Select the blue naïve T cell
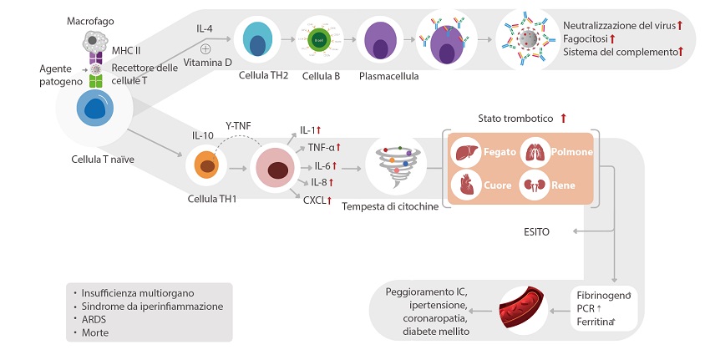point(93,110)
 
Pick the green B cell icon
point(318,39)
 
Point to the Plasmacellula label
point(388,76)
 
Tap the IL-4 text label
point(205,29)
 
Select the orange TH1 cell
point(206,165)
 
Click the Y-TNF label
point(239,126)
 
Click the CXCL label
point(317,200)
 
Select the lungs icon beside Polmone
point(535,153)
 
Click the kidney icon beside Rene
point(535,183)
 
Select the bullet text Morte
point(94,332)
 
